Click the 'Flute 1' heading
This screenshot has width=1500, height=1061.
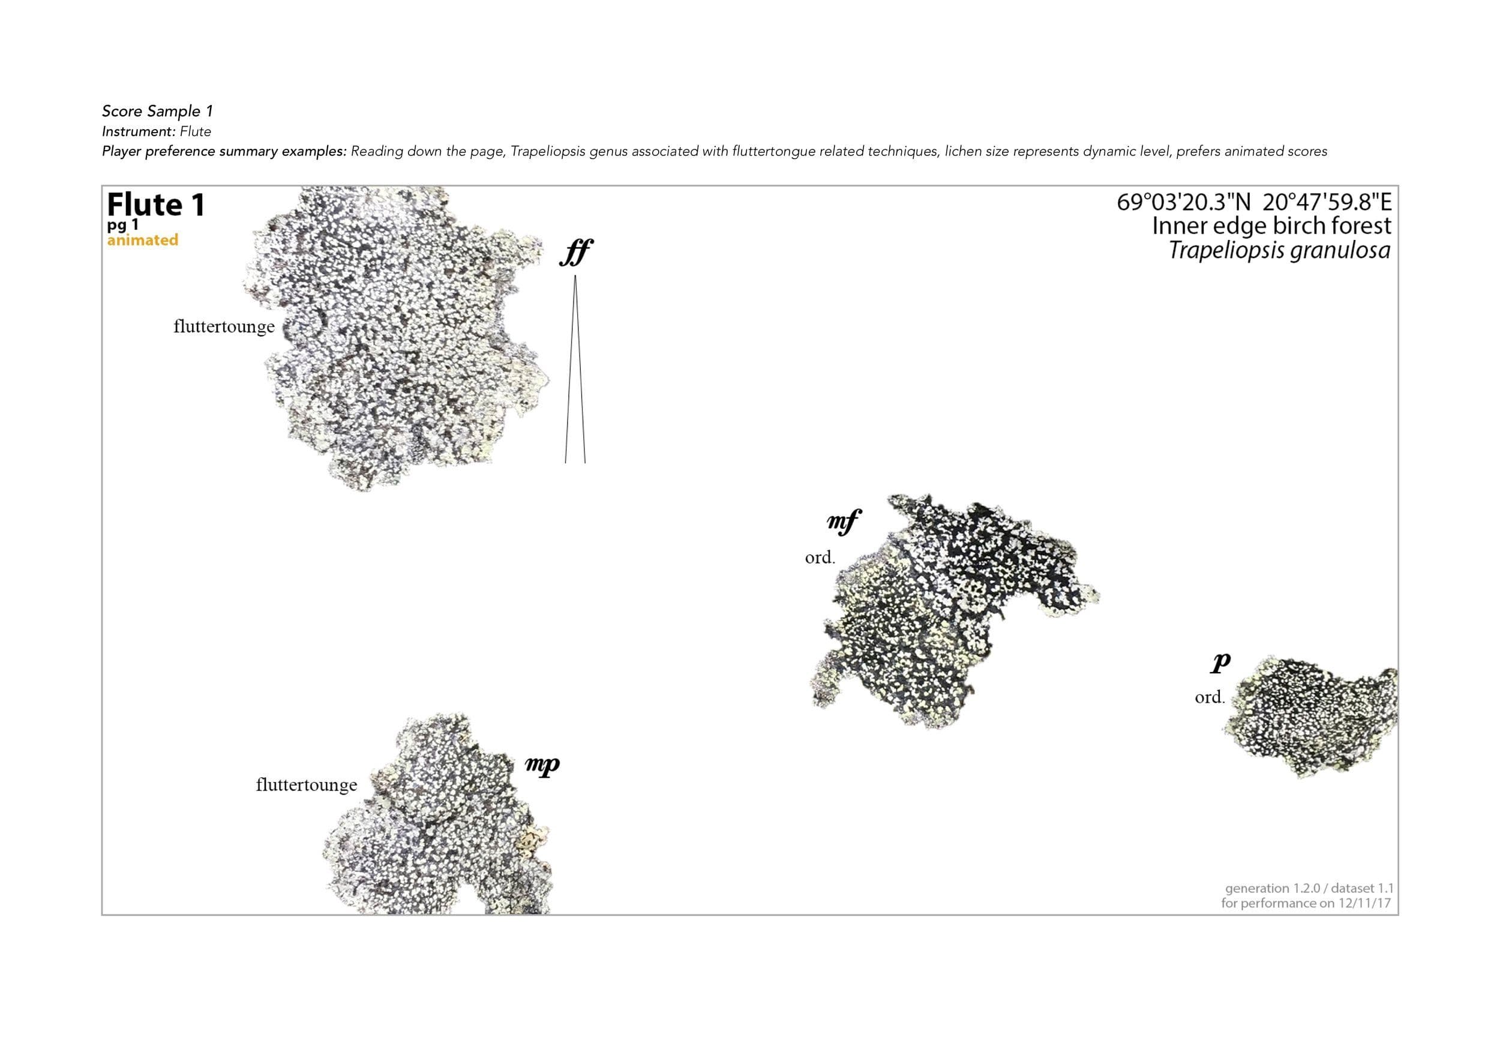tap(155, 205)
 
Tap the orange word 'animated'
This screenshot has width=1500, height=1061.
tap(142, 241)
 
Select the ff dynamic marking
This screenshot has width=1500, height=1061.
tap(576, 253)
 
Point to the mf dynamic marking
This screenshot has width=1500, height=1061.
tap(844, 522)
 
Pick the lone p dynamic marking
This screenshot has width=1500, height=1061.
tap(1220, 663)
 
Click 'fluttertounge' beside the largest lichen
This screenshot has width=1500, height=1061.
tap(224, 326)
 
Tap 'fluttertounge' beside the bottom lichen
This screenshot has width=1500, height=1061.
tap(307, 784)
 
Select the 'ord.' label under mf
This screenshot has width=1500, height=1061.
tap(820, 558)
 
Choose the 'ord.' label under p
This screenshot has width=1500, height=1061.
tap(1210, 698)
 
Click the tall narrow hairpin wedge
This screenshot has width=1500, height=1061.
tap(575, 369)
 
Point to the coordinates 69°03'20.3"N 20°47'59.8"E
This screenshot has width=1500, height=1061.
tap(1255, 202)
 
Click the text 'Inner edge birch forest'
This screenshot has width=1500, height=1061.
tap(1271, 226)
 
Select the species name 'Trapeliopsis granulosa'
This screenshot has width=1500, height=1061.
tap(1279, 251)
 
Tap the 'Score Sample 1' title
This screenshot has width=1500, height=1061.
tap(157, 111)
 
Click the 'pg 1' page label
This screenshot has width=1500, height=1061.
tap(123, 226)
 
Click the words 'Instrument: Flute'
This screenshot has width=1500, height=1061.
tap(156, 131)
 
